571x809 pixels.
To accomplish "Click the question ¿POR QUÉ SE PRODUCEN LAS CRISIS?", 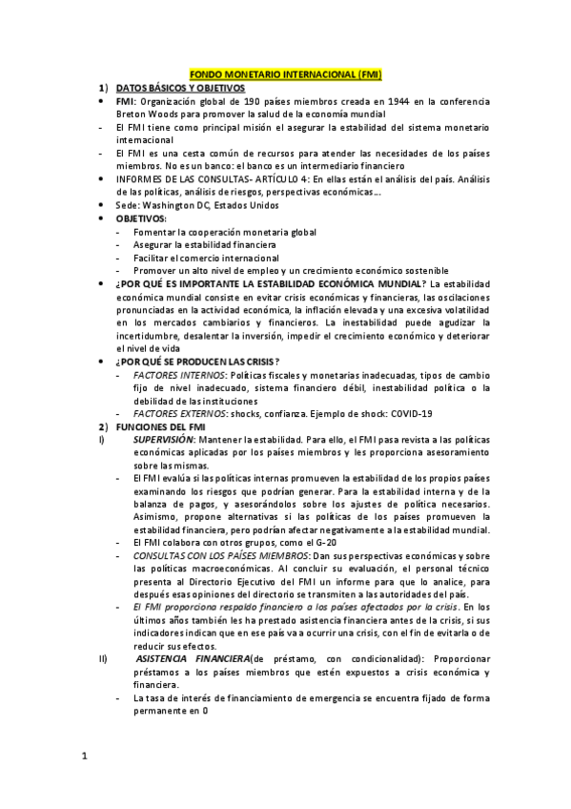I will (197, 361).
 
